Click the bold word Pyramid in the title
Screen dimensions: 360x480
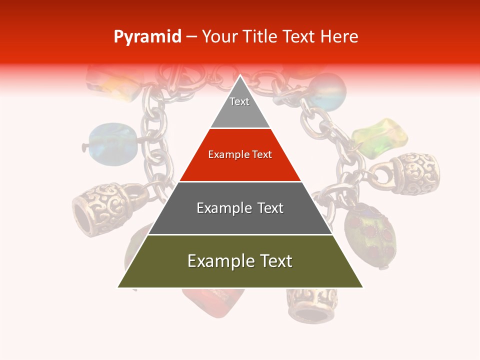[147, 37]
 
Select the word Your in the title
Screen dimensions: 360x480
[219, 37]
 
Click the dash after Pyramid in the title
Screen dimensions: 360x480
[191, 37]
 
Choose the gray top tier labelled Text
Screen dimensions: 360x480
[240, 107]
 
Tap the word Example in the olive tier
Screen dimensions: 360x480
[216, 261]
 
